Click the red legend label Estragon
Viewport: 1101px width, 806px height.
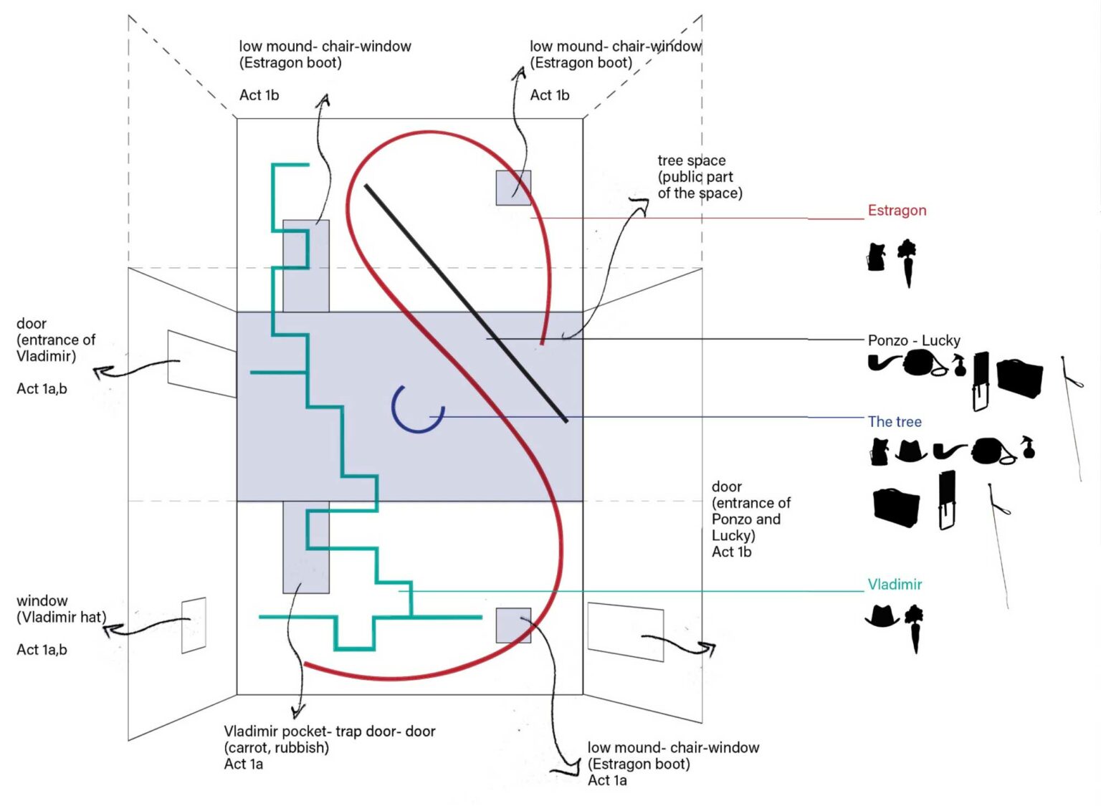(897, 211)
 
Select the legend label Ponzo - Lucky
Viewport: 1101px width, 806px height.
(913, 340)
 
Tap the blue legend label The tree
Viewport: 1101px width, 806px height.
(895, 422)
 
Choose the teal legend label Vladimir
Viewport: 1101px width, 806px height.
(895, 585)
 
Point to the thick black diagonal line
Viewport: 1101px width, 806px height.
(466, 303)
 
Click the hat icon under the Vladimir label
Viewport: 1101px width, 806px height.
(882, 615)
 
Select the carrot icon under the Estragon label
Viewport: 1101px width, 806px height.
(907, 262)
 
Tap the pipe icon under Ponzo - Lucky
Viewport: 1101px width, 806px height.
(883, 363)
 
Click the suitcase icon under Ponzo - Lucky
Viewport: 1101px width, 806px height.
(1019, 378)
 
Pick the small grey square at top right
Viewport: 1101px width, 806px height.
(513, 188)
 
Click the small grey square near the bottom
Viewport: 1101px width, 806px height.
(513, 625)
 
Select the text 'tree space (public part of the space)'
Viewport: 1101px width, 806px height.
(699, 177)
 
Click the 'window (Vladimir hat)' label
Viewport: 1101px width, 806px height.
(61, 609)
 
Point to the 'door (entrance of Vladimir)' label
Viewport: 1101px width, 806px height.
(55, 340)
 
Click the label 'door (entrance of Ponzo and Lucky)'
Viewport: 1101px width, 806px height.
(750, 511)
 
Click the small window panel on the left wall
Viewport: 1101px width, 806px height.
(194, 625)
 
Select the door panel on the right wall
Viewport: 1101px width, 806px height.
(625, 631)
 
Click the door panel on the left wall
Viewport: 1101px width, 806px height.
(201, 363)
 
